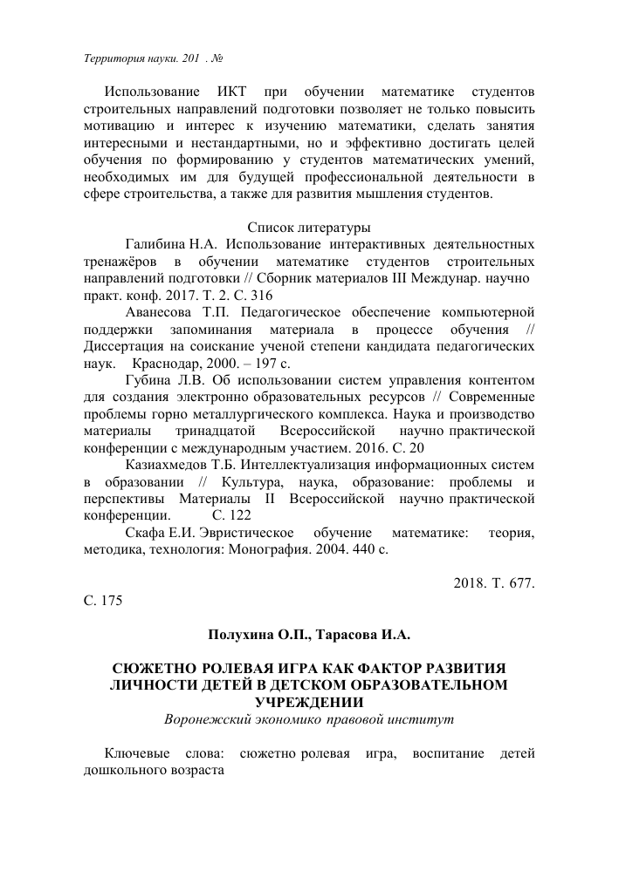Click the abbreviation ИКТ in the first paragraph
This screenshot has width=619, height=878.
230,91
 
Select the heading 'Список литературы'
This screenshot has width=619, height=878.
309,228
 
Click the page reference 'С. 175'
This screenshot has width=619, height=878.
101,600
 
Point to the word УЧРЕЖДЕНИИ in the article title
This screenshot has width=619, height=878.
309,703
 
